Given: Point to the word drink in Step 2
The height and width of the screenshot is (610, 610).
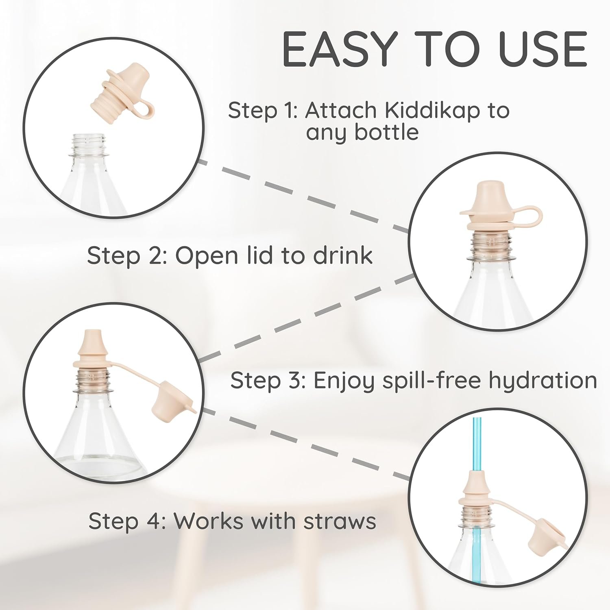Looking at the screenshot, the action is click(x=343, y=256).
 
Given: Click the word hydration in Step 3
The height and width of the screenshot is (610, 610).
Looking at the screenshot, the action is click(x=543, y=381).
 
